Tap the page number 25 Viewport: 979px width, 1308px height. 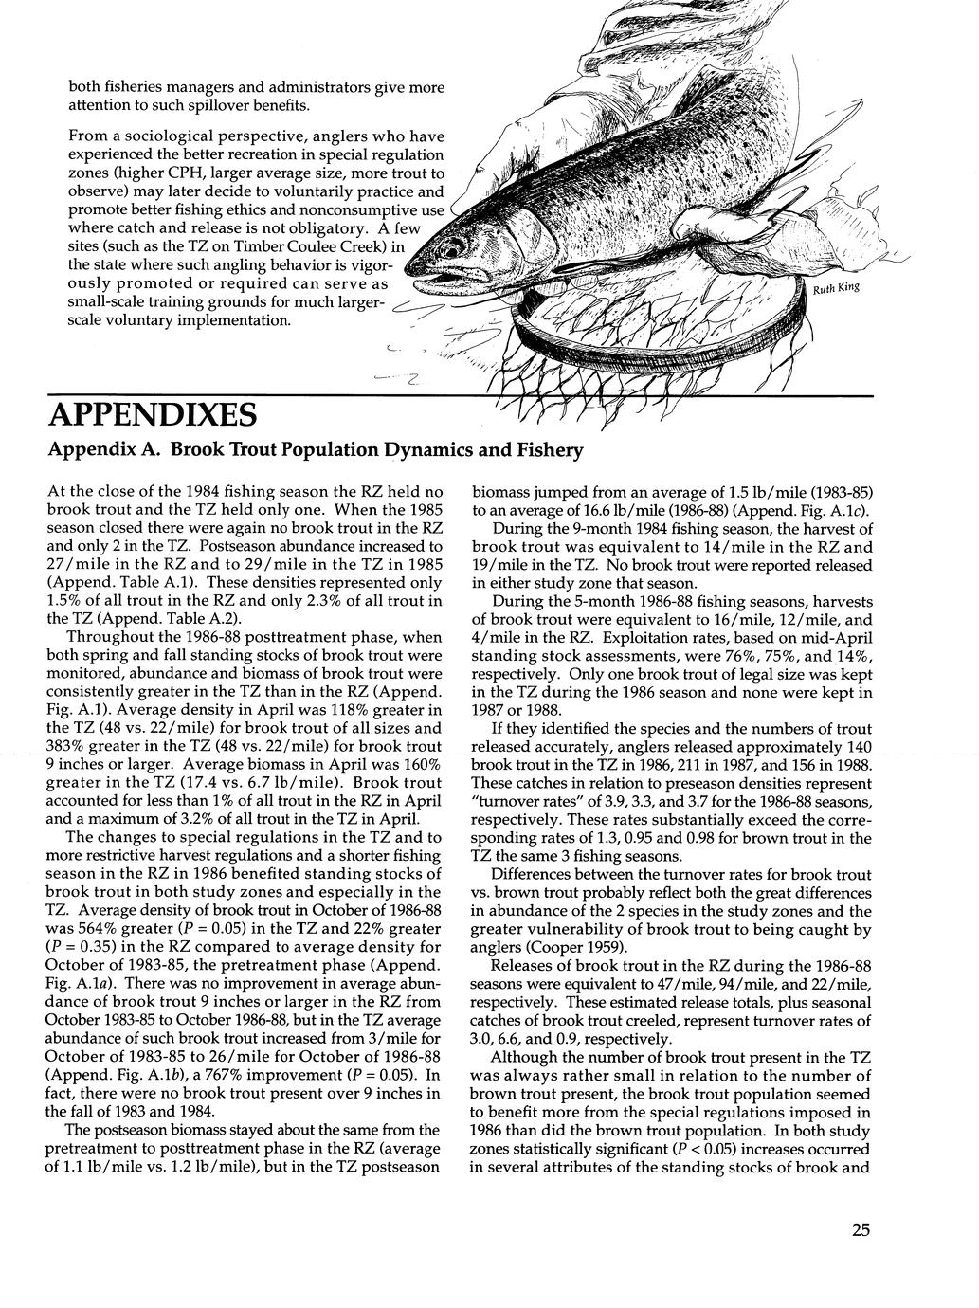(860, 1230)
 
